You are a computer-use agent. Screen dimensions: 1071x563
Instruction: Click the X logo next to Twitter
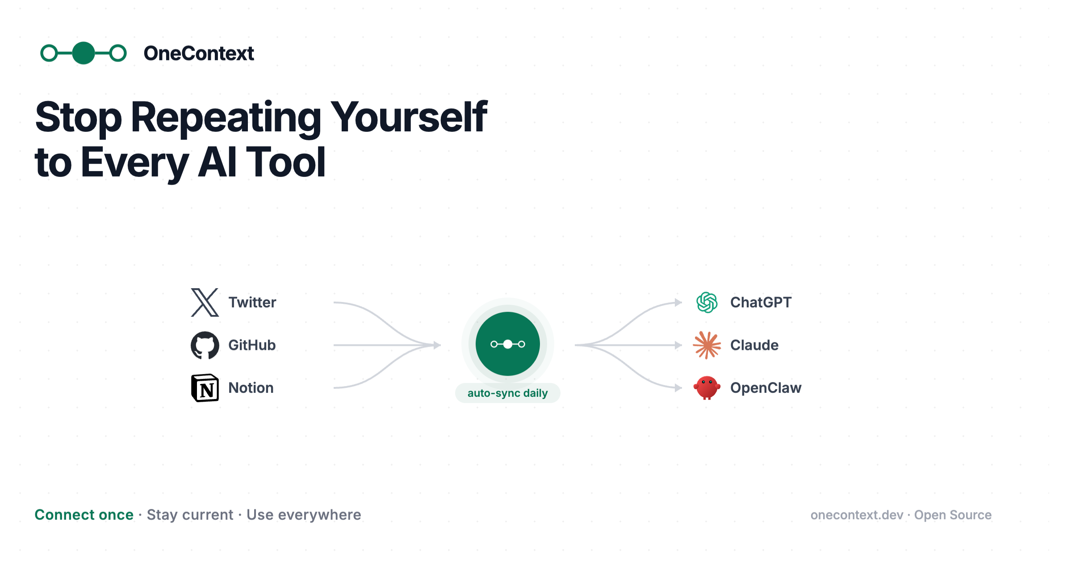point(205,303)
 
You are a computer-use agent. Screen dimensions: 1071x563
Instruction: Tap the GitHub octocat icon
point(205,345)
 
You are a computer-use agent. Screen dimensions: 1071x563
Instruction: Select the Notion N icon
point(205,388)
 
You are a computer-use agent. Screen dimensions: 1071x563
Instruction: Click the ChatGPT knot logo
point(707,303)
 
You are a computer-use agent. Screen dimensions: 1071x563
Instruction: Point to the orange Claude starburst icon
point(707,345)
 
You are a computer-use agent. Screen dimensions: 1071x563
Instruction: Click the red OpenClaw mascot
point(707,387)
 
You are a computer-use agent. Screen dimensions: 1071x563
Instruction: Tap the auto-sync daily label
point(507,393)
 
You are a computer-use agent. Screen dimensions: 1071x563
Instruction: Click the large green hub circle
point(508,344)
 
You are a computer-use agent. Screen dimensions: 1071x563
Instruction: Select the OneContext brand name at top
point(199,54)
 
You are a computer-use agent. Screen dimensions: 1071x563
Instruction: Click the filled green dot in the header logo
point(84,53)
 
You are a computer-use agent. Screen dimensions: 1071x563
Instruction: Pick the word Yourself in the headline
point(409,117)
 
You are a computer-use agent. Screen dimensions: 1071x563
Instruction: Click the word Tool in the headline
point(286,162)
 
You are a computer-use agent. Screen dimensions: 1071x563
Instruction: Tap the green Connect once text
point(84,515)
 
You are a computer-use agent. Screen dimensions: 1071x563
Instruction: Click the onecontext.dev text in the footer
point(857,515)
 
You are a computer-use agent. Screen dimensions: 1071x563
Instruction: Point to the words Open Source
point(953,515)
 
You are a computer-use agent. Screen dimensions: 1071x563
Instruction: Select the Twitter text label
point(252,303)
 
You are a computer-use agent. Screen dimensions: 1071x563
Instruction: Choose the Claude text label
point(754,345)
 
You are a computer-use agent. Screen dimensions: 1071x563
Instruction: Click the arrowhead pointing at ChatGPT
point(678,303)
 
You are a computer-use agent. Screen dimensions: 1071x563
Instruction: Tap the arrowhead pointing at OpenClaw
point(678,388)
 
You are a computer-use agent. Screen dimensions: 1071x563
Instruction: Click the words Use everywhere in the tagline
point(304,515)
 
